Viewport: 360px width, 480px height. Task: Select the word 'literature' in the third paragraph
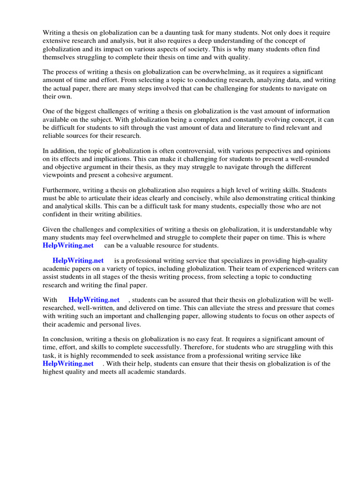[x=242, y=127]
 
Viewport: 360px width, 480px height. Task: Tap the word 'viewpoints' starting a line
[x=60, y=175]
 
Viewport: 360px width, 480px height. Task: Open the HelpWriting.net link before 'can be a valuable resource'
[x=68, y=246]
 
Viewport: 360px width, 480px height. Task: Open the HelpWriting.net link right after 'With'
[x=94, y=300]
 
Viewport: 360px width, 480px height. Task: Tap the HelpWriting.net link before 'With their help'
[x=68, y=363]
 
